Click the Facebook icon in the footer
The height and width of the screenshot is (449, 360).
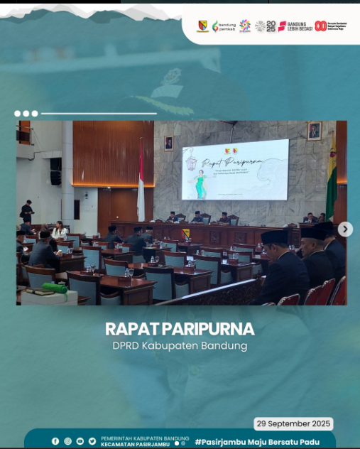click(55, 441)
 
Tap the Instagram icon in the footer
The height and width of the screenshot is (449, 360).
click(67, 441)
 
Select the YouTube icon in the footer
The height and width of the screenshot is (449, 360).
click(80, 441)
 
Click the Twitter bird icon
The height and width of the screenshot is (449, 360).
click(92, 441)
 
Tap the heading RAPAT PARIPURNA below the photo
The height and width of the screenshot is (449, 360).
click(180, 330)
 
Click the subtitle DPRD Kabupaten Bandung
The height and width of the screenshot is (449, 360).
click(180, 346)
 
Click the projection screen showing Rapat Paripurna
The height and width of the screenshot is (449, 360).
click(235, 170)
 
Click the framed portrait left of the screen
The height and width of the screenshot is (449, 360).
click(168, 144)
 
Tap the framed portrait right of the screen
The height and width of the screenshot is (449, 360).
click(314, 131)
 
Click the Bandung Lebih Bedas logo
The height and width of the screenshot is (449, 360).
click(295, 26)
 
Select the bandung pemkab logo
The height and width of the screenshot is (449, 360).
click(224, 26)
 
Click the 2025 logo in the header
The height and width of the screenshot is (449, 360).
click(265, 26)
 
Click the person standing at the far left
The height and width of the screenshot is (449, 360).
click(28, 211)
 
